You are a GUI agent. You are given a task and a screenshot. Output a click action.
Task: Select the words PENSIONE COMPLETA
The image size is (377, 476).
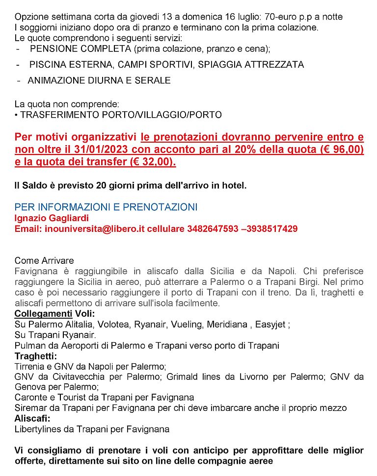pos(81,49)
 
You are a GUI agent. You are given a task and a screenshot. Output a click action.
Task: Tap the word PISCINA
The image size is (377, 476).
pos(47,65)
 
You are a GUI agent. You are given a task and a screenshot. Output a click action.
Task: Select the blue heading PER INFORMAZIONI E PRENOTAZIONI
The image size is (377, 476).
pos(106,207)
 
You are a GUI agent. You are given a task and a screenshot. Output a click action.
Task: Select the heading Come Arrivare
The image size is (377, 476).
pos(44,260)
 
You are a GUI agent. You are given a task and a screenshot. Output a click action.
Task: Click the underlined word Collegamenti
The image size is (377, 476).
pos(43,314)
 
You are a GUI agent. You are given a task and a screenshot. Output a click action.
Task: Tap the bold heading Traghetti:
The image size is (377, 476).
pos(36,356)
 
